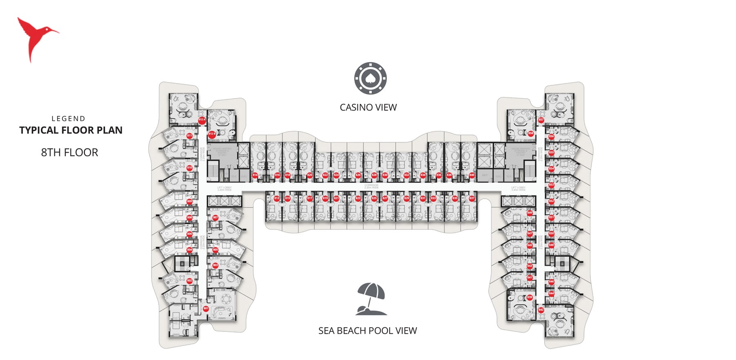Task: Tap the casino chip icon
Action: (x=370, y=78)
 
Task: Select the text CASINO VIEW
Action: (x=368, y=107)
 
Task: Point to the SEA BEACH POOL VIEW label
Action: (x=368, y=331)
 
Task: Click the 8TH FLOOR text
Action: (x=70, y=153)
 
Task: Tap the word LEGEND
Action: (x=68, y=119)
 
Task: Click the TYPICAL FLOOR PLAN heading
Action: (x=71, y=130)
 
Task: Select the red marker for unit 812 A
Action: (x=202, y=120)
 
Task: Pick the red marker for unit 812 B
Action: (x=212, y=134)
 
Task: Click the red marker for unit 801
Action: (x=206, y=308)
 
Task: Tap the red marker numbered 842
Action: (x=541, y=310)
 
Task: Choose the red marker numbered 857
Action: (x=541, y=120)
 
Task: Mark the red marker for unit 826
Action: (x=358, y=175)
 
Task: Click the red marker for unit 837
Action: (x=471, y=198)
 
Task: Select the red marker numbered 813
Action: (x=277, y=198)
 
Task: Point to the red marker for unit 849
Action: (x=530, y=213)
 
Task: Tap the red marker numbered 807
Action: (x=215, y=218)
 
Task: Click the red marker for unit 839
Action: (x=530, y=297)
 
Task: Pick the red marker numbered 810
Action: (x=189, y=168)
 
